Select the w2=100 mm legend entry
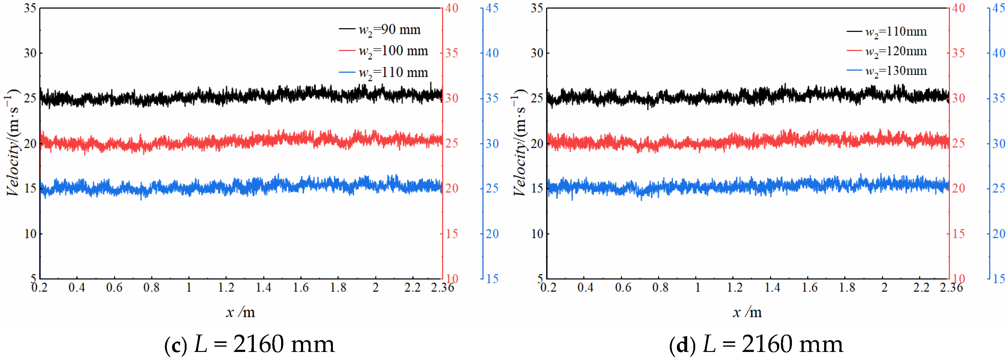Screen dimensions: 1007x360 [383, 51]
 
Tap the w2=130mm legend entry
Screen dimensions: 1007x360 [887, 71]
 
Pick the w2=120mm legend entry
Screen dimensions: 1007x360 [887, 52]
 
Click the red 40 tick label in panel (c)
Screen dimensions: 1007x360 [452, 8]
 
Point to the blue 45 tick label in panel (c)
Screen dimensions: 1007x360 [492, 8]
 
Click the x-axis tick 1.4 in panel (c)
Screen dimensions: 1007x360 [263, 288]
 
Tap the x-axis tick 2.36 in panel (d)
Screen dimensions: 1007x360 [951, 288]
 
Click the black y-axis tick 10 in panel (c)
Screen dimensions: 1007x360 [30, 234]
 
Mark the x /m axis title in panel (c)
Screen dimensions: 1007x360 [241, 312]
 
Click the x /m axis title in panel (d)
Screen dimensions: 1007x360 [747, 312]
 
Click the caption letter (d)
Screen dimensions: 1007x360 [682, 345]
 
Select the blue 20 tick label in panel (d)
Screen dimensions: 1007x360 [999, 234]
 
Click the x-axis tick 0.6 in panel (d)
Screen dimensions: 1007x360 [623, 288]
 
